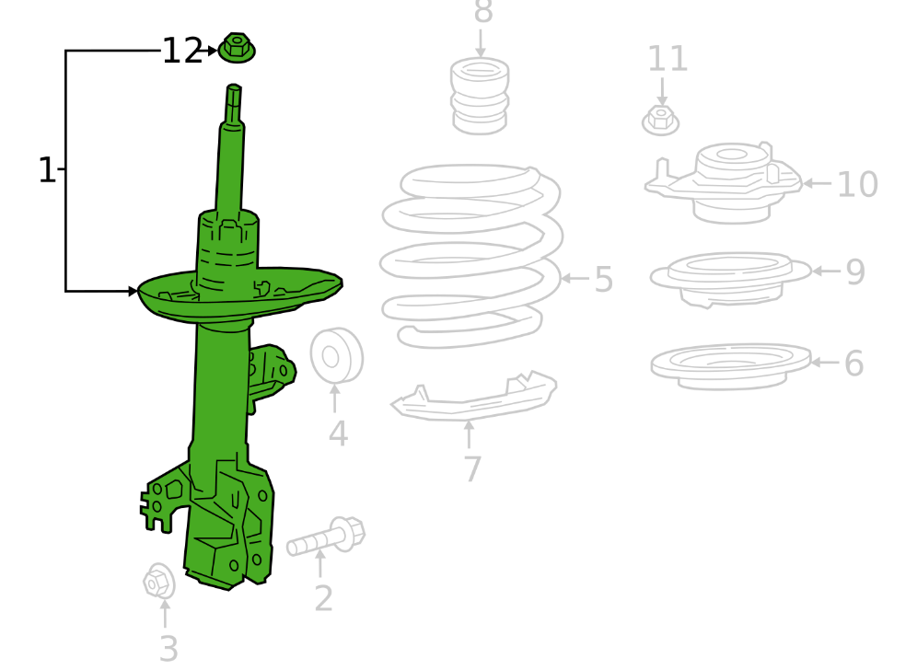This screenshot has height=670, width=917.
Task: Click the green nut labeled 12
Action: (237, 48)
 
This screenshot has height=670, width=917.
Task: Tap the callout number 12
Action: (182, 52)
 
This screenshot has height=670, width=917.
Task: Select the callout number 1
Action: (47, 170)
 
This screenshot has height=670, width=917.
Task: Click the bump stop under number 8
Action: (480, 96)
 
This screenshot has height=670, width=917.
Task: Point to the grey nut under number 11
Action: (660, 121)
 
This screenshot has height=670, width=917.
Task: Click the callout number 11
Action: (667, 59)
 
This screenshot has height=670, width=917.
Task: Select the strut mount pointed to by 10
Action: (724, 182)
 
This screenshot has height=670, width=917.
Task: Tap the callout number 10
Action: (857, 185)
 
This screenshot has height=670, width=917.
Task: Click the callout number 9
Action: (855, 271)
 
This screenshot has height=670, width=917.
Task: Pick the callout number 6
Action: (853, 363)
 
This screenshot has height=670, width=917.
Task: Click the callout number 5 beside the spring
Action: (604, 280)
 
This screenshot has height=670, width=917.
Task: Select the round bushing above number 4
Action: (336, 355)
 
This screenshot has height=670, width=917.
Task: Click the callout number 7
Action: (472, 468)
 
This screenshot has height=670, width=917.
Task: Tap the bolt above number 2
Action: (326, 537)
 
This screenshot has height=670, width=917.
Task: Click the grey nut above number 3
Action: (159, 581)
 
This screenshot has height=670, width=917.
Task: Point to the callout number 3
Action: (168, 649)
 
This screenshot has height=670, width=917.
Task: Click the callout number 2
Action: (323, 598)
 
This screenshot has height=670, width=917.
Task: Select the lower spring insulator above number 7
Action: (474, 395)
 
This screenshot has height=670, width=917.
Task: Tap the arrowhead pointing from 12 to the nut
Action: (212, 51)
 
